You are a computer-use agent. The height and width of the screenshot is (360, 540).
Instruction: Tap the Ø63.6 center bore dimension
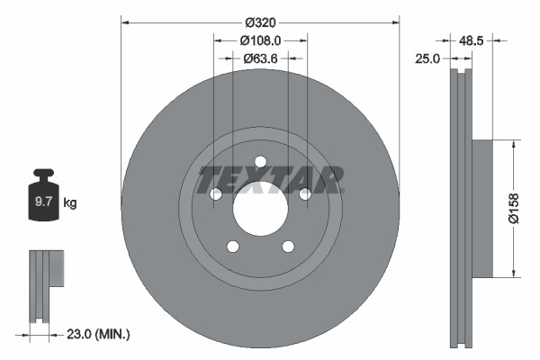click(260, 59)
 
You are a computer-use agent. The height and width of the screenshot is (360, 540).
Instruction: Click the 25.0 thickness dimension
click(427, 59)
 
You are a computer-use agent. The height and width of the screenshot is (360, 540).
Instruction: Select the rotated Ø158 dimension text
click(514, 209)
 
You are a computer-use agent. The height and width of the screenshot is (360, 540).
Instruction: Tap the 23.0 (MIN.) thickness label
click(99, 335)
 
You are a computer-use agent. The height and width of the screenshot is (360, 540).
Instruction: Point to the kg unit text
click(69, 203)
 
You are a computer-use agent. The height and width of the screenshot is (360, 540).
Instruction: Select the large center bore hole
click(260, 209)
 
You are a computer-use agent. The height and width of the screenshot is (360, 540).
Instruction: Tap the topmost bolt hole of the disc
click(260, 162)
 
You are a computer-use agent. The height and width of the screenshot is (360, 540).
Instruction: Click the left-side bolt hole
click(216, 194)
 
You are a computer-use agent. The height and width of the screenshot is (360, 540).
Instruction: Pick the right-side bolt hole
click(305, 194)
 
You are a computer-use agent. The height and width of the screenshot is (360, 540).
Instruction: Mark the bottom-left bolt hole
click(232, 247)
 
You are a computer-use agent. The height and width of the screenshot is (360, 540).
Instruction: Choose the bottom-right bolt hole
click(288, 247)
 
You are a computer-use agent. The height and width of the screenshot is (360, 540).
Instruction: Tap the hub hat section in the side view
click(482, 209)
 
